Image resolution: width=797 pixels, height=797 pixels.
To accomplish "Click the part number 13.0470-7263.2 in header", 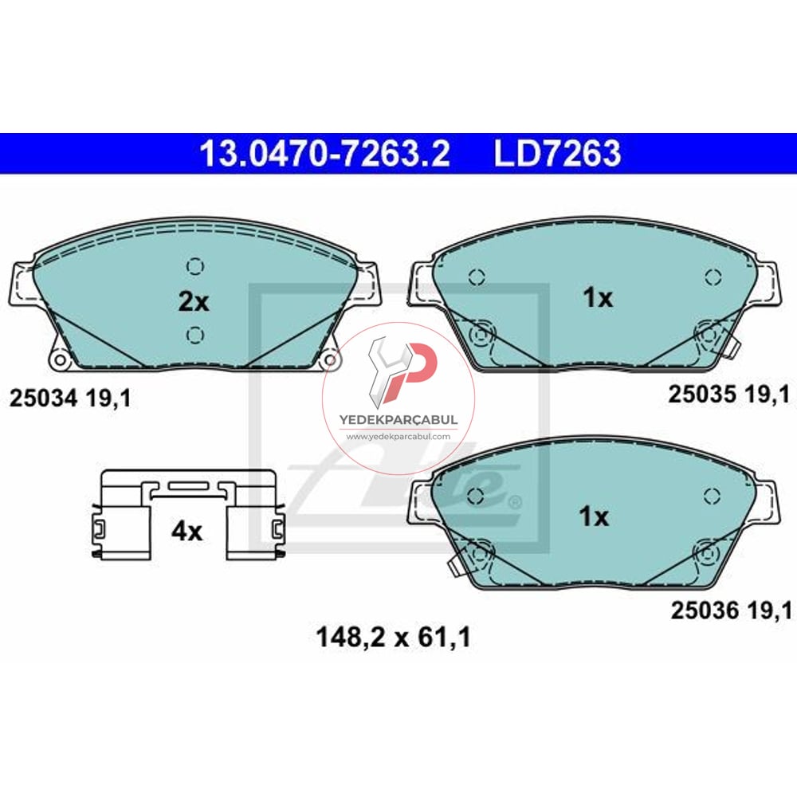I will pyautogui.click(x=324, y=154).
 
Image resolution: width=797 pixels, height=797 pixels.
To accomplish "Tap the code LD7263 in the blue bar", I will pyautogui.click(x=557, y=154).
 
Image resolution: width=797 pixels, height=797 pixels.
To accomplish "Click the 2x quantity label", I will pyautogui.click(x=192, y=302).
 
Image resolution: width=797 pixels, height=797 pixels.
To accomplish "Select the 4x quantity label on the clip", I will pyautogui.click(x=187, y=531).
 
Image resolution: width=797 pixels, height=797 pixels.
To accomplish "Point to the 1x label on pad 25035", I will pyautogui.click(x=597, y=298).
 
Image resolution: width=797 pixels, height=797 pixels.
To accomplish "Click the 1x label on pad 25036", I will pyautogui.click(x=594, y=517).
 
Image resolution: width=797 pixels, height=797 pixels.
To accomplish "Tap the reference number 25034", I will pyautogui.click(x=42, y=398).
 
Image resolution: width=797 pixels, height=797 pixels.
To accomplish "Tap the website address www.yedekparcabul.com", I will pyautogui.click(x=398, y=437).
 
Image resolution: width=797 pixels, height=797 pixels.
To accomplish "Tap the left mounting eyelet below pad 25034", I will pyautogui.click(x=57, y=360).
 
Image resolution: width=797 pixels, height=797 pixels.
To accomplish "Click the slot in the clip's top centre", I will pyautogui.click(x=188, y=485).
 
